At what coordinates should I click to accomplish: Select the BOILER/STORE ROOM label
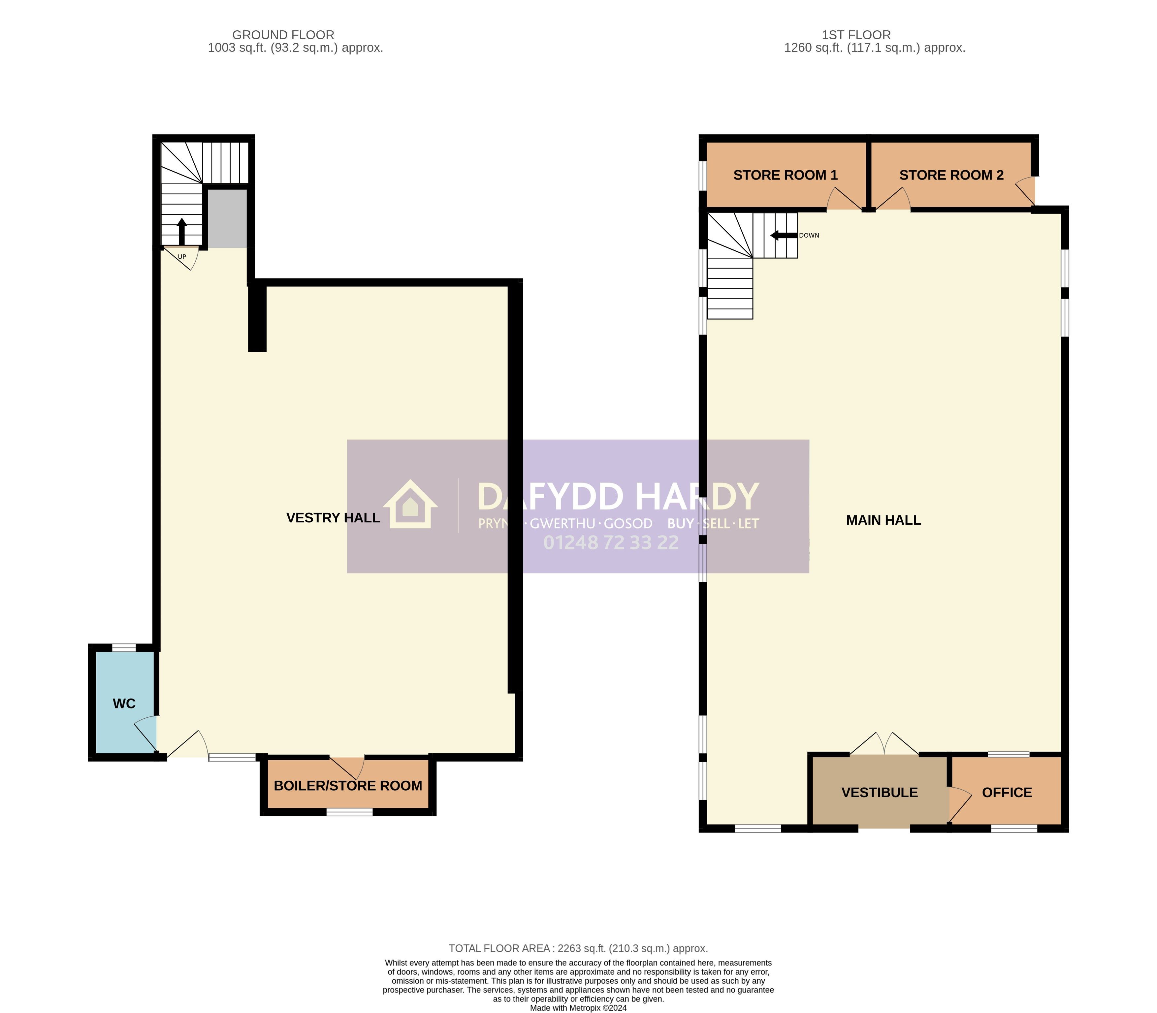click(348, 786)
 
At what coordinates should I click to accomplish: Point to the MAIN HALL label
click(884, 520)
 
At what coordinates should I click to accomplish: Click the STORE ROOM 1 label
click(785, 175)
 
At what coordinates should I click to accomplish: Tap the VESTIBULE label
click(880, 793)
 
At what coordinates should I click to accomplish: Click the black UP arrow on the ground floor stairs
click(181, 231)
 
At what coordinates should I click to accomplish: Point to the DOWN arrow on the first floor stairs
click(784, 235)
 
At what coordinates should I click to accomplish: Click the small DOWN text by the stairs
click(809, 235)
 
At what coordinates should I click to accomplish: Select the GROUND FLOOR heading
click(283, 35)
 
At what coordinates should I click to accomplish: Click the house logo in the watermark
click(410, 504)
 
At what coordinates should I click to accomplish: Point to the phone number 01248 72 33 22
click(611, 543)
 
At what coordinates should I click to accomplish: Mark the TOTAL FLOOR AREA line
click(578, 949)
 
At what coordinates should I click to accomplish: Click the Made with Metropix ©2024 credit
click(578, 1008)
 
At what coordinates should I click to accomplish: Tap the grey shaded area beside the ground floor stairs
click(227, 218)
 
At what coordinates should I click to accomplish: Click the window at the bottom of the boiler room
click(349, 812)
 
